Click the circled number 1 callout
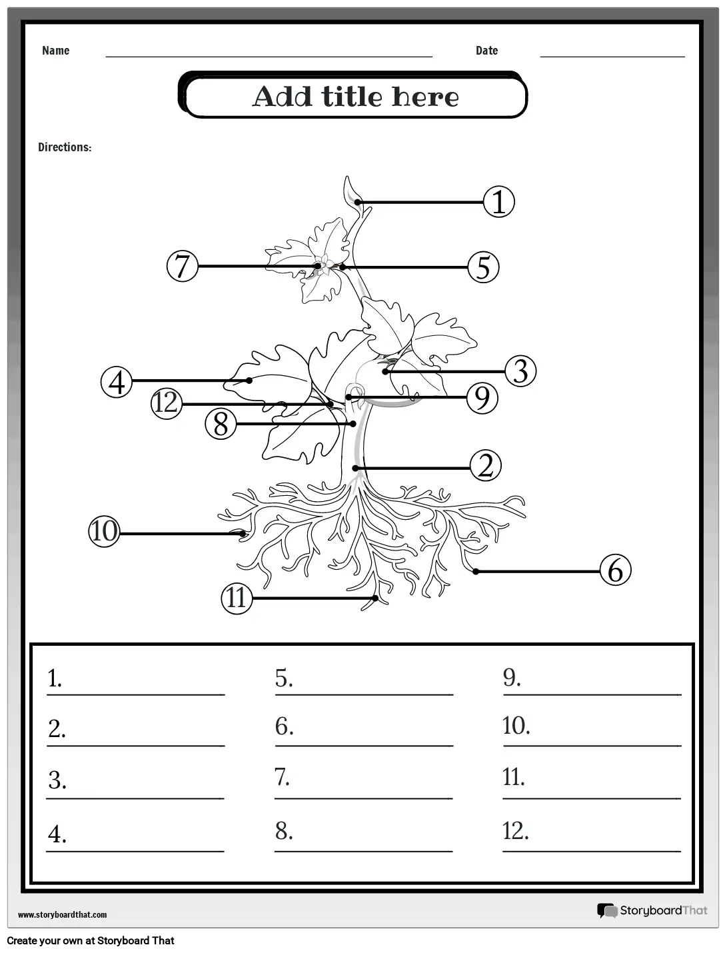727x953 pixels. [498, 202]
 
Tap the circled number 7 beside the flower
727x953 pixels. [183, 266]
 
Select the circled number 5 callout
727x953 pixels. [483, 267]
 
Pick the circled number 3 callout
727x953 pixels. [520, 371]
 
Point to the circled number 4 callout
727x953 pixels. [117, 383]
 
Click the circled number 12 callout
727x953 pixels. [166, 403]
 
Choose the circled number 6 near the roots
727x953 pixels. [615, 570]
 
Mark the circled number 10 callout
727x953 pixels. [104, 532]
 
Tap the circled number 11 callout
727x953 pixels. [237, 598]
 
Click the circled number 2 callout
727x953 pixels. [485, 466]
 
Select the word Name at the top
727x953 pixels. [55, 51]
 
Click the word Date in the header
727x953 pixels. [486, 51]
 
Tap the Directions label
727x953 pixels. [65, 147]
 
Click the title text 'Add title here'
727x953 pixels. [355, 97]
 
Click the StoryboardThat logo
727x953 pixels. [652, 910]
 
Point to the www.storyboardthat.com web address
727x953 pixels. [62, 915]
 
